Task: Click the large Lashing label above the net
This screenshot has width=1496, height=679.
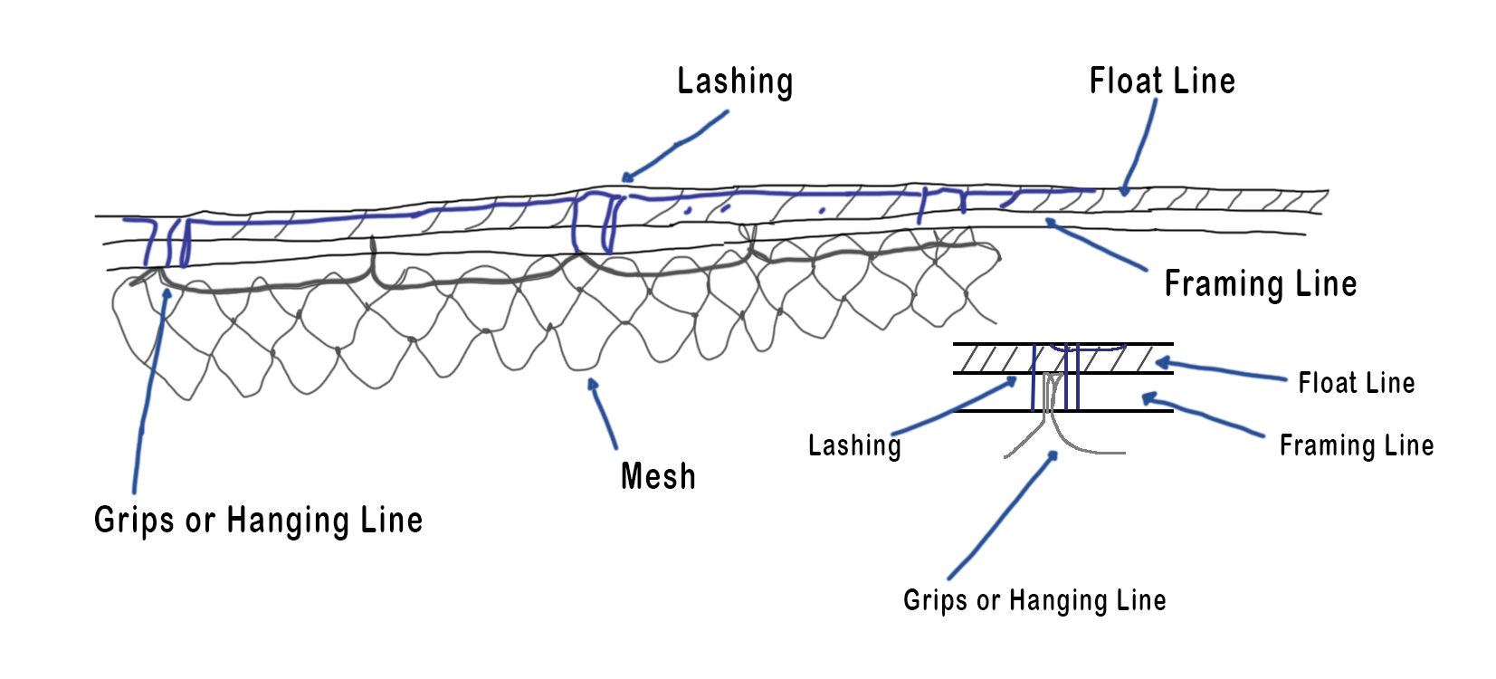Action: (735, 81)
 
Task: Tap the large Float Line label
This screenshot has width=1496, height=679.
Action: (1162, 81)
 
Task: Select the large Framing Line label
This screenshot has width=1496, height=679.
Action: (1260, 284)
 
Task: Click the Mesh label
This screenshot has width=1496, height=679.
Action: (658, 476)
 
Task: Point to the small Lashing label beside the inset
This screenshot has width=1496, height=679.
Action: (854, 445)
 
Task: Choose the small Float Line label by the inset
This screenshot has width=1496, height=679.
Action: (1356, 383)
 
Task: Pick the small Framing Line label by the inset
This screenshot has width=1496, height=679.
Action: (1356, 445)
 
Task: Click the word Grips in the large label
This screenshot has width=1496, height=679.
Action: (134, 521)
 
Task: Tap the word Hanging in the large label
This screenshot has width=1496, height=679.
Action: (286, 521)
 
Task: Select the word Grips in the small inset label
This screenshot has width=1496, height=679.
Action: (936, 600)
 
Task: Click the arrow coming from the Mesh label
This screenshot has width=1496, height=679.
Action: (603, 414)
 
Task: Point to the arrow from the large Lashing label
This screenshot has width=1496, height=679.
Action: (675, 145)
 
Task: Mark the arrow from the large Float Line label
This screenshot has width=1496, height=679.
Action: (1141, 145)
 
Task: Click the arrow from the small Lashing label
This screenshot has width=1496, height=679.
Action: (955, 407)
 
